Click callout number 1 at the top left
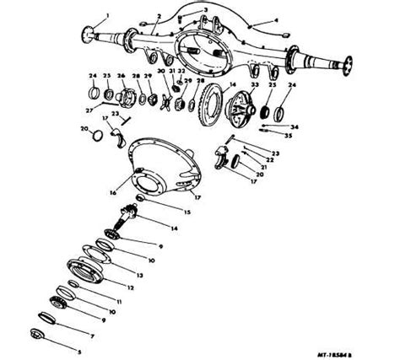click(x=107, y=17)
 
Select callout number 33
click(x=254, y=86)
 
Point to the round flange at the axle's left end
click(x=88, y=35)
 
